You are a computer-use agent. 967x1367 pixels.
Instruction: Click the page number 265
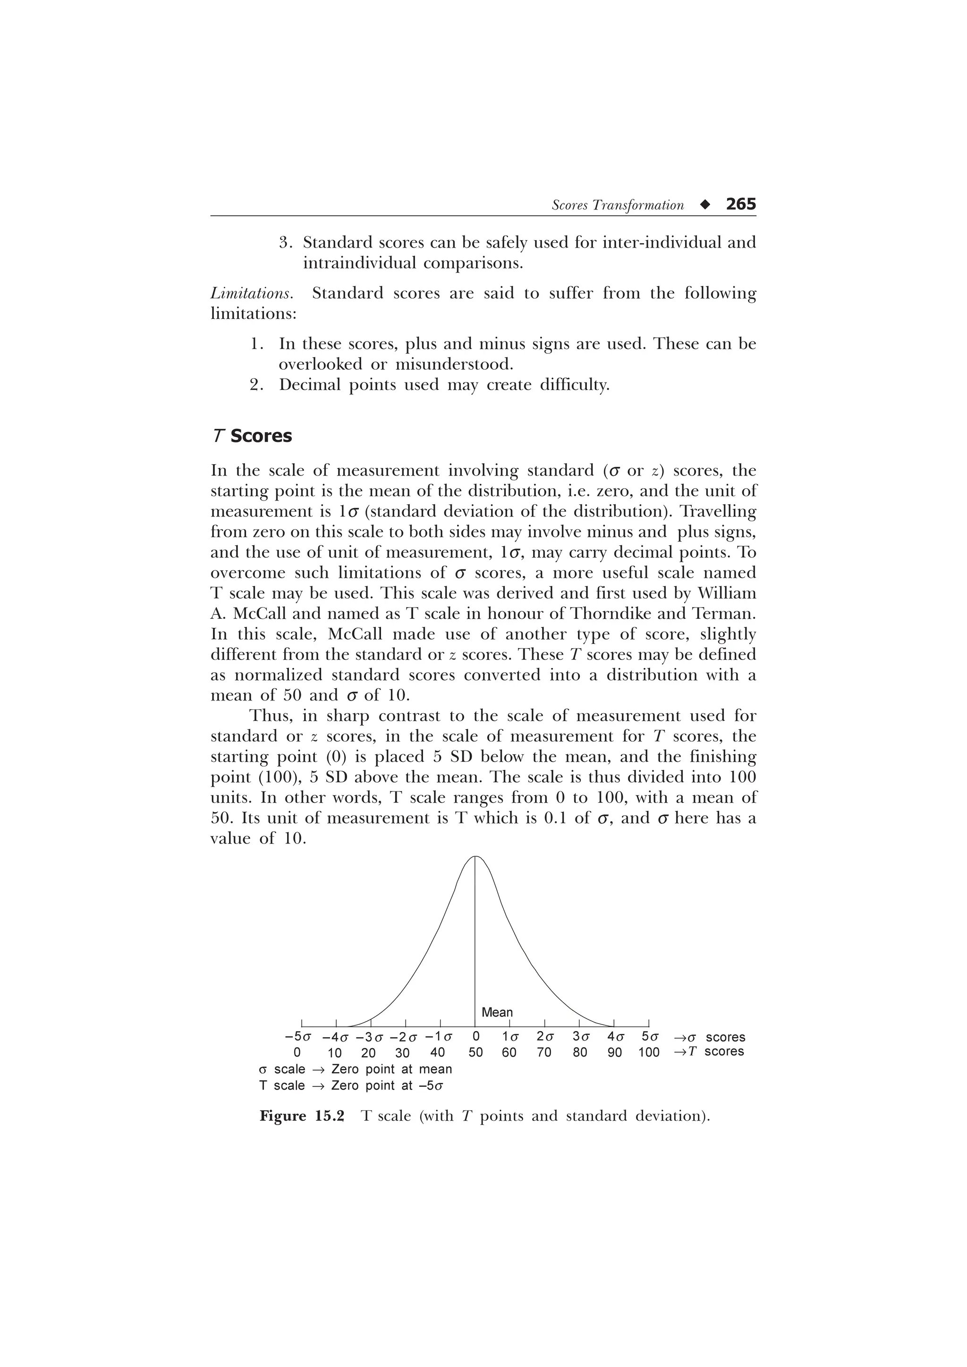tap(740, 204)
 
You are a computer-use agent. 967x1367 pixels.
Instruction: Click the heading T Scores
tap(252, 436)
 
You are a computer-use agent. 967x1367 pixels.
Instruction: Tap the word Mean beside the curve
tap(497, 1012)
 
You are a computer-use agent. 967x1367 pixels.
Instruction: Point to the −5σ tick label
tap(298, 1036)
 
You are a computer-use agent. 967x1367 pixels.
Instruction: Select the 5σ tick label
tap(650, 1036)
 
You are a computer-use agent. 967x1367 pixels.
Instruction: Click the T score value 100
tap(649, 1052)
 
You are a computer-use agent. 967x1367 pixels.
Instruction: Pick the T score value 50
tap(475, 1052)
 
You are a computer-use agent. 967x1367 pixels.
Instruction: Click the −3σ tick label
tap(369, 1036)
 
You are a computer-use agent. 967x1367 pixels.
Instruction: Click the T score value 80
tap(580, 1052)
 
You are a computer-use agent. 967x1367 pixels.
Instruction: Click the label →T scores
tap(709, 1051)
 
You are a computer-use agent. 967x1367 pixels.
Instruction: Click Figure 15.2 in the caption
tap(302, 1116)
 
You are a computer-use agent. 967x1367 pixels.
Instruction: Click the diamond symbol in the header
tap(705, 205)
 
